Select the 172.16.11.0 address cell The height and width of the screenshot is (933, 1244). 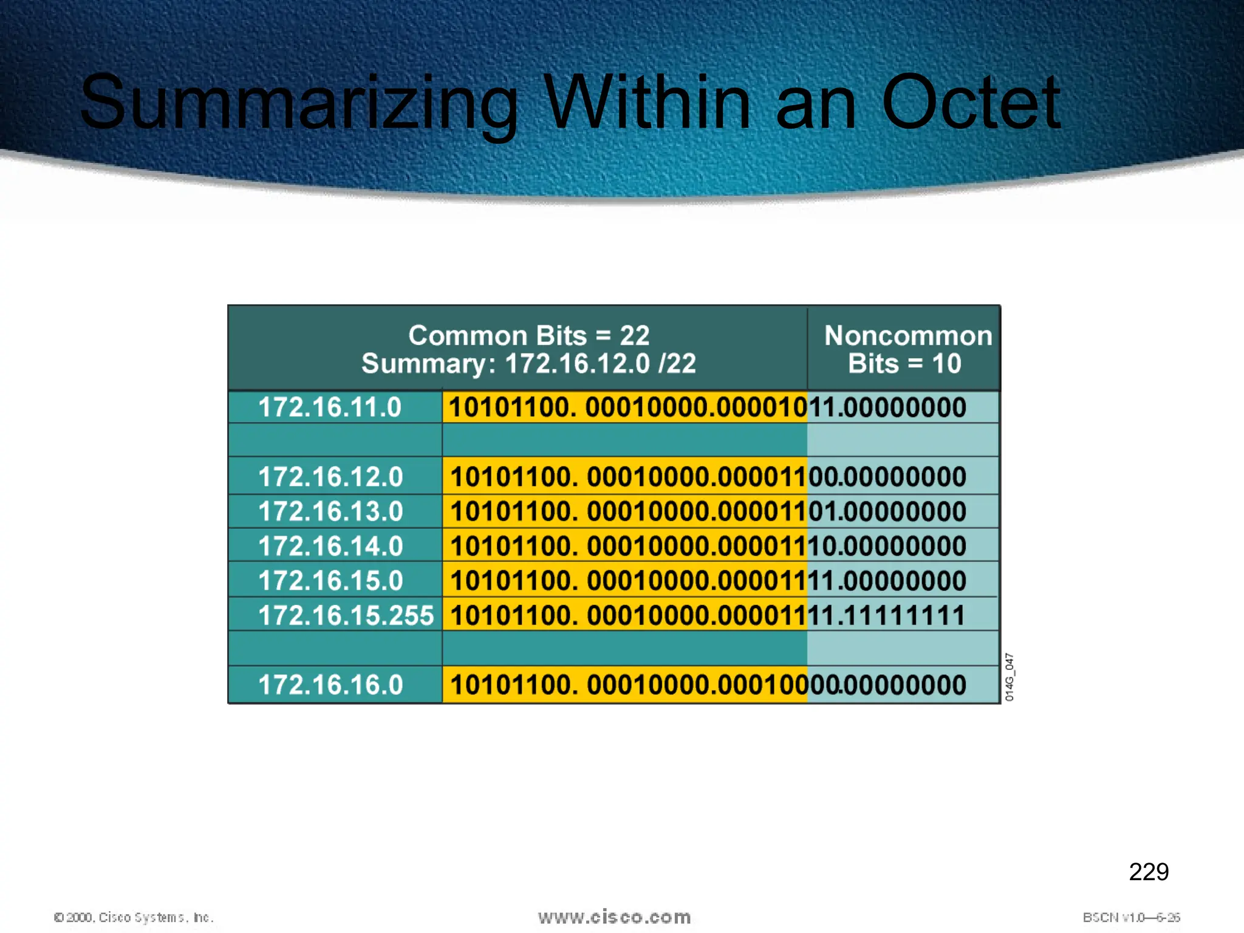(330, 407)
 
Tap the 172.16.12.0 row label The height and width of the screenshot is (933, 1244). (331, 477)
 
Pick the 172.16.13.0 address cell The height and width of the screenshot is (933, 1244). (331, 511)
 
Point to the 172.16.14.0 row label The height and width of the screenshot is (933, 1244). (331, 546)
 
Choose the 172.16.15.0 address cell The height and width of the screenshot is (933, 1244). (331, 581)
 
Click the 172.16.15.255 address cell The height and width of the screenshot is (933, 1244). (346, 615)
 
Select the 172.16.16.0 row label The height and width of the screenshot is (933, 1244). (331, 685)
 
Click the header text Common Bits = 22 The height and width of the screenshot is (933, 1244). (528, 335)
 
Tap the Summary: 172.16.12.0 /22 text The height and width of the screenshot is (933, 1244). (528, 364)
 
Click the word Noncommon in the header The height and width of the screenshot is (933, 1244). (907, 336)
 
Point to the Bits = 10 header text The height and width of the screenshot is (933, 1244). (904, 364)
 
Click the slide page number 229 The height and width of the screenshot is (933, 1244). (1148, 872)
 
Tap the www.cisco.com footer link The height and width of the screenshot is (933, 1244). (614, 917)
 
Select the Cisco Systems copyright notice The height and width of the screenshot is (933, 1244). (134, 917)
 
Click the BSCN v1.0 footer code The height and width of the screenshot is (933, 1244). (1131, 917)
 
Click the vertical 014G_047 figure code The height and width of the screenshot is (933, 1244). (1009, 677)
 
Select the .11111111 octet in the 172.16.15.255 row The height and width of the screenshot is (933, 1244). (901, 615)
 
